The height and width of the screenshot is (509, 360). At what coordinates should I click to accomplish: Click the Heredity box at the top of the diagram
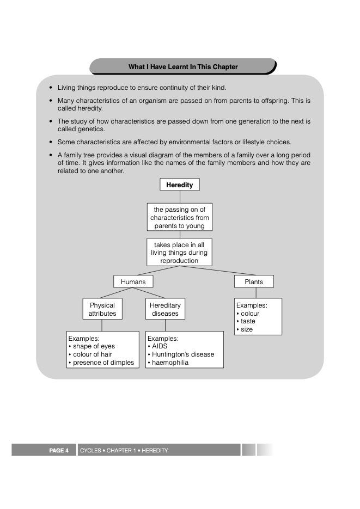180,185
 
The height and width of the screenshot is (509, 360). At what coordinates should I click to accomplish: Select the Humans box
133,281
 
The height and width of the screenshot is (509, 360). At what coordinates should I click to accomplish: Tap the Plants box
254,281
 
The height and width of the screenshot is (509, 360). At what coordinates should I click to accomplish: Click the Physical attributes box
102,309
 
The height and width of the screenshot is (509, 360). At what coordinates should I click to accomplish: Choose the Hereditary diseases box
165,309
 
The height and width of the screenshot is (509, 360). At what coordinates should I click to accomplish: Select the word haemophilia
170,363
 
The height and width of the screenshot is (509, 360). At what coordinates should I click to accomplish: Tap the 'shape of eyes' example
94,346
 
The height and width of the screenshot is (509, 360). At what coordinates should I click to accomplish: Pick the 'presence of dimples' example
103,363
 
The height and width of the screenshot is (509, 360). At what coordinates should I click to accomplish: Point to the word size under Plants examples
247,329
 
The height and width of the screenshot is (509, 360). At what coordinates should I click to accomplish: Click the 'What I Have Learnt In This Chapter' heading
183,67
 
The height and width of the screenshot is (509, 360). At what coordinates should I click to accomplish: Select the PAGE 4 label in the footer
59,450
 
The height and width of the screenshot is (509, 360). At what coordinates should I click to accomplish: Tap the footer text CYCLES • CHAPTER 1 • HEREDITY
124,450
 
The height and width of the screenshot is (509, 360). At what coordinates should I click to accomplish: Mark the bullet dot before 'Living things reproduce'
51,88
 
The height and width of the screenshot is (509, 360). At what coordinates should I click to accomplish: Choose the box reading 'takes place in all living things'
179,253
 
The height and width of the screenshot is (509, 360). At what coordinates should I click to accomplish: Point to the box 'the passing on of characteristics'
180,217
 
